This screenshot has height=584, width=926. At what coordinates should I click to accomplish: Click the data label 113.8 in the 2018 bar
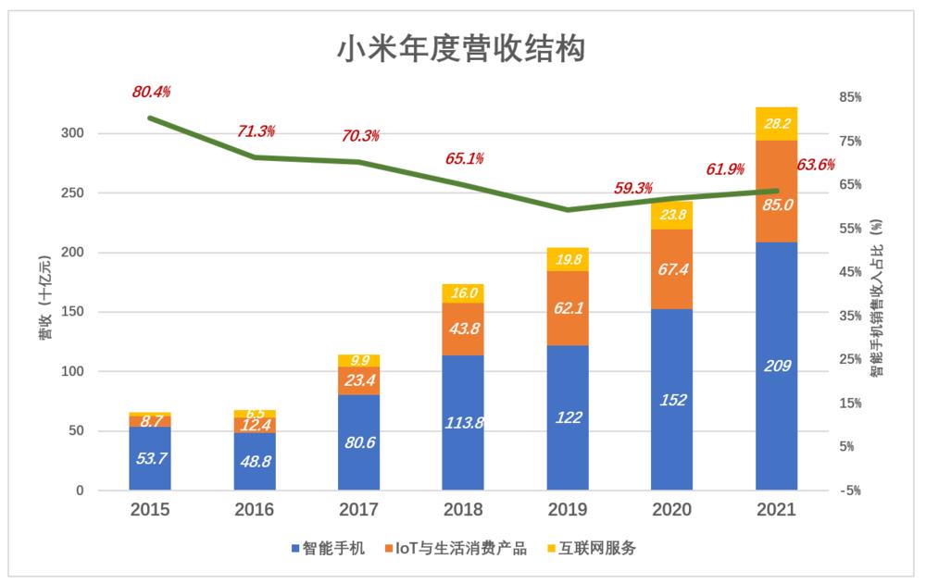tap(463, 423)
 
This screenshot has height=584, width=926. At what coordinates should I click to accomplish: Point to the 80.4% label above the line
tap(151, 92)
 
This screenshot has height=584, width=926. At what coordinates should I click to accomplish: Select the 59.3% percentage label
tap(632, 188)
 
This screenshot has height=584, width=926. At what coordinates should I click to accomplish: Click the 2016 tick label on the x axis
tap(254, 510)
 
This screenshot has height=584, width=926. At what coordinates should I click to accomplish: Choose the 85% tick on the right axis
tap(850, 97)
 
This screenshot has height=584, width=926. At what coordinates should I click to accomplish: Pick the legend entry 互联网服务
tap(593, 549)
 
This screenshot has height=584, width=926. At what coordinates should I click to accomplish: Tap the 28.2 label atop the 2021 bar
tap(776, 123)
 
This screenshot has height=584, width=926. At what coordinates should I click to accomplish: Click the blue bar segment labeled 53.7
tap(149, 459)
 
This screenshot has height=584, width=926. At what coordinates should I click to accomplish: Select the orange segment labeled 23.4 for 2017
tap(358, 380)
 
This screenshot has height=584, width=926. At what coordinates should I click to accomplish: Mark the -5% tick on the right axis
tap(850, 491)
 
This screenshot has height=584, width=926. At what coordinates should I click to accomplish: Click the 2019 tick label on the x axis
tap(567, 510)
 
